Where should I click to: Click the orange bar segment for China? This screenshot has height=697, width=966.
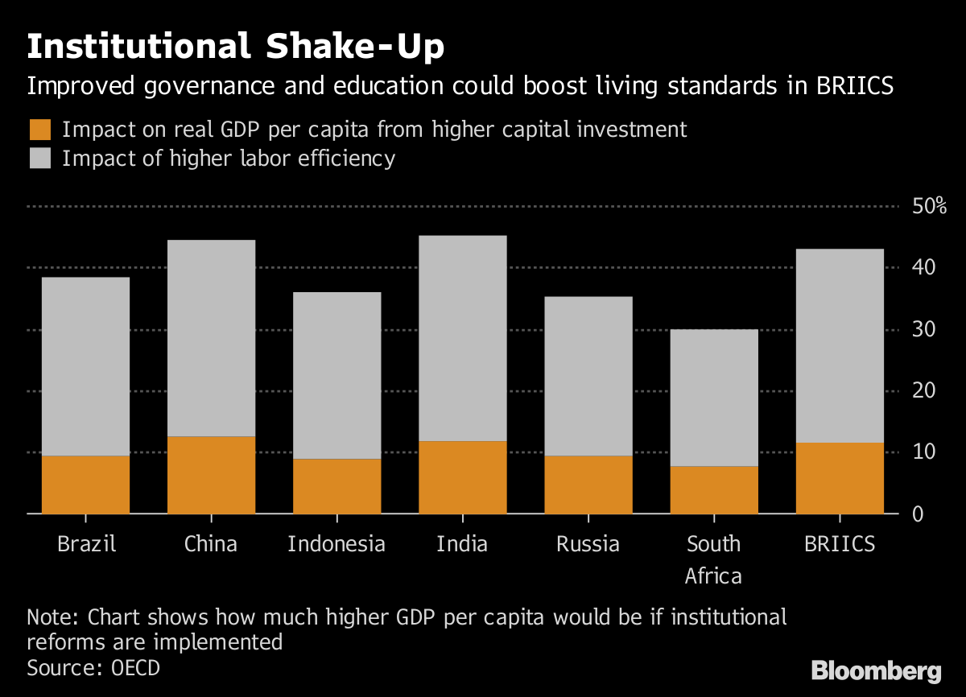211,475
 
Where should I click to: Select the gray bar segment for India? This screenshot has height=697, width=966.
462,338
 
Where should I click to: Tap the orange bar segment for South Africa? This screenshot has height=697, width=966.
713,489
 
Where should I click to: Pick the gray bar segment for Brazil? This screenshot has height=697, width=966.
85,366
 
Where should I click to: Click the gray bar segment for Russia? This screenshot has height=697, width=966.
588,376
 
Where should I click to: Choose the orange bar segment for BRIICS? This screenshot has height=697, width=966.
840,477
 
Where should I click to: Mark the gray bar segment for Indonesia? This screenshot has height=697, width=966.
336,375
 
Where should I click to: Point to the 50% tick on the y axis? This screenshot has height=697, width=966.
930,206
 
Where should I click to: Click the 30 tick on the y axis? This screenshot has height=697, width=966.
923,329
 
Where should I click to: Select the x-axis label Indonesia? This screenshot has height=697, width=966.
336,544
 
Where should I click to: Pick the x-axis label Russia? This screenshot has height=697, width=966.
588,544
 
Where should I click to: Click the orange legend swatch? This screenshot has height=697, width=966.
39,130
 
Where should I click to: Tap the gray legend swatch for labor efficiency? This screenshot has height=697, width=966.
39,158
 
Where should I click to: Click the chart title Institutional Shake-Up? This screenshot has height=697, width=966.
235,47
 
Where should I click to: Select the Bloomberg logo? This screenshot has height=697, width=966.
876,670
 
